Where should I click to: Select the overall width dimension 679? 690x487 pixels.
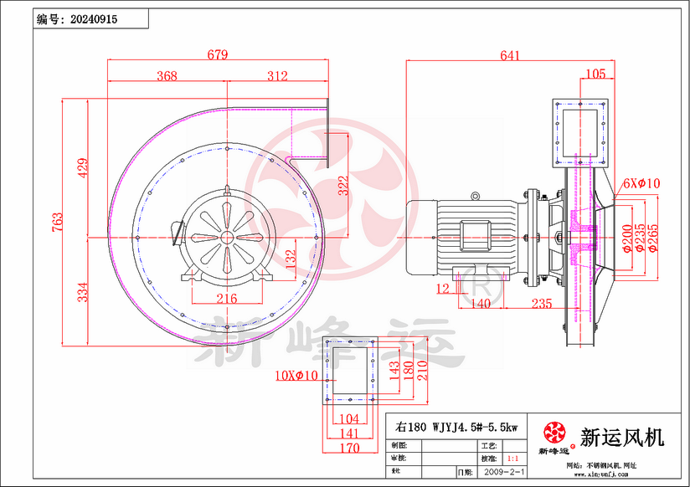click(217, 56)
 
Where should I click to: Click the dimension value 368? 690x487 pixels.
click(167, 76)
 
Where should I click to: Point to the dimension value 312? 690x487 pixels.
click(277, 76)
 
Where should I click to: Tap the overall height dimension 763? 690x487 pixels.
click(58, 222)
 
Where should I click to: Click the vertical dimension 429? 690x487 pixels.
click(81, 167)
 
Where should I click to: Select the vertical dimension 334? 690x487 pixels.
click(81, 293)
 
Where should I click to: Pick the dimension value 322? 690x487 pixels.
click(342, 187)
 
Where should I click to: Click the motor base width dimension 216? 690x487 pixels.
click(225, 299)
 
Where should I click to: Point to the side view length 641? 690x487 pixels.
click(509, 56)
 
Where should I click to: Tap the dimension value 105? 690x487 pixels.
click(595, 74)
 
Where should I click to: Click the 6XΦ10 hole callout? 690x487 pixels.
click(641, 183)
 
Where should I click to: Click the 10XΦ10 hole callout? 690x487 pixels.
click(296, 376)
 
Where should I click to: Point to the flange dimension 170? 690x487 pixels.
click(350, 448)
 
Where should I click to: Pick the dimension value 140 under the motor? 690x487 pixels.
click(480, 305)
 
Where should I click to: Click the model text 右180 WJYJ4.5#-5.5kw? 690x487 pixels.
click(456, 427)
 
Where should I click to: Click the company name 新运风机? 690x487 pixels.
click(622, 437)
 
